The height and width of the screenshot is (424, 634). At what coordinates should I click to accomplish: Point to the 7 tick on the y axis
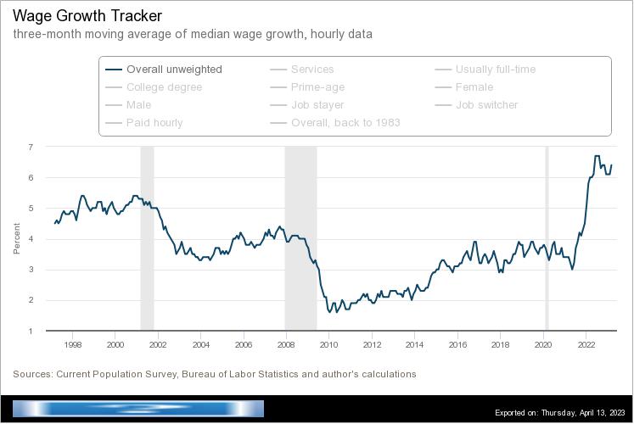[x=31, y=147]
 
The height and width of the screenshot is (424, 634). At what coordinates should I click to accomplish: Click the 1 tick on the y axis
[x=31, y=331]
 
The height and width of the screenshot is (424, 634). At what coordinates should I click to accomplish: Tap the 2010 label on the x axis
[x=328, y=345]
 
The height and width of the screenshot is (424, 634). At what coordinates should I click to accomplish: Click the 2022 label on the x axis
[x=586, y=345]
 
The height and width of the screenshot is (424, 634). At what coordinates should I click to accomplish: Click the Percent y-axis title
[x=16, y=238]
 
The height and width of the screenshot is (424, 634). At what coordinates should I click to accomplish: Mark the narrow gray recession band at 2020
[x=547, y=238]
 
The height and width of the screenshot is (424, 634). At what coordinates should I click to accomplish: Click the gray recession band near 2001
[x=147, y=238]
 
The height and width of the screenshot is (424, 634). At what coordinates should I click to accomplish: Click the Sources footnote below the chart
[x=214, y=374]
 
